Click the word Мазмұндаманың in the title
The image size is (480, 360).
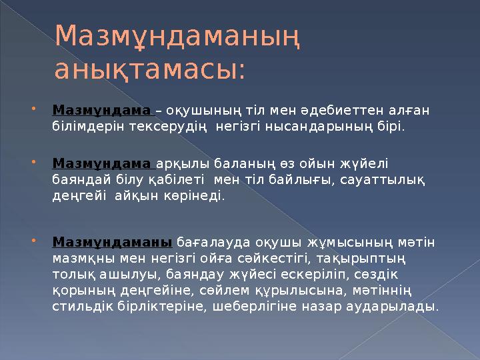[176, 38]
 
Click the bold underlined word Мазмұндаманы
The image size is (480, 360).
[113, 243]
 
